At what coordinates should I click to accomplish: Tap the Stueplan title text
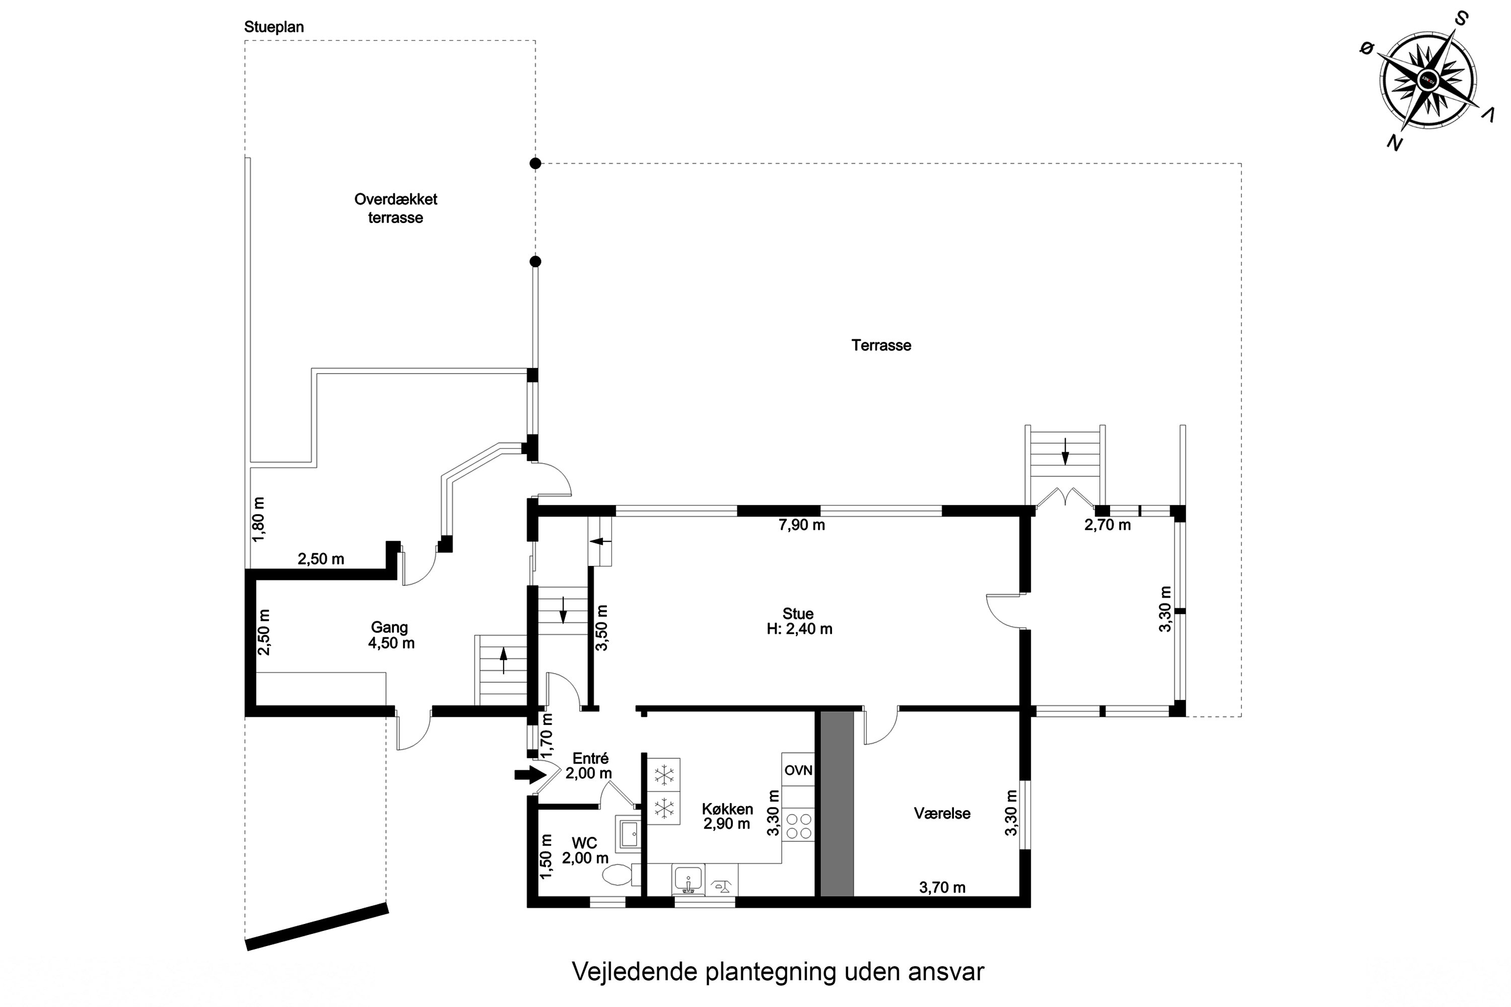(273, 27)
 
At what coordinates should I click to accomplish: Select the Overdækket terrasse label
(396, 208)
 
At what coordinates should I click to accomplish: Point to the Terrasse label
(881, 345)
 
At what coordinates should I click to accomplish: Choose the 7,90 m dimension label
(801, 525)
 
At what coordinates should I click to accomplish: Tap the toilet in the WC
(619, 875)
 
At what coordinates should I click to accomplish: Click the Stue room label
(798, 621)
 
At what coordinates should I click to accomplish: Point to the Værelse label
(942, 814)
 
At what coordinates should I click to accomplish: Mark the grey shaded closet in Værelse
(837, 803)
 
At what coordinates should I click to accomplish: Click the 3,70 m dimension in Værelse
(942, 888)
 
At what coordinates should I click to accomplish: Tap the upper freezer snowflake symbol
(664, 775)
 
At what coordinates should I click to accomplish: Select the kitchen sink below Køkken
(688, 879)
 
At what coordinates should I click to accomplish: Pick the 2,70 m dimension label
(1108, 525)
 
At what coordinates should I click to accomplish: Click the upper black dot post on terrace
(535, 164)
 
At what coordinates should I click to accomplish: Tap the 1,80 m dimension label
(258, 519)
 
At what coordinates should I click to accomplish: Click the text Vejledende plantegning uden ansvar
(777, 972)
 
